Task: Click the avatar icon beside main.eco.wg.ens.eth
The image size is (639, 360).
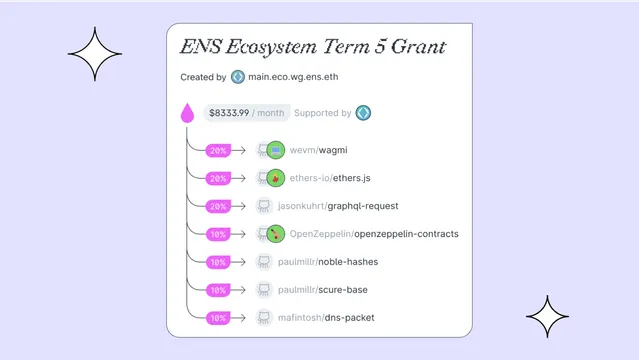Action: point(238,77)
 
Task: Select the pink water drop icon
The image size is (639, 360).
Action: point(187,113)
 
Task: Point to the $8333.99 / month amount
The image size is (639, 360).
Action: point(246,113)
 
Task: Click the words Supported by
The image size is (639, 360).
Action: point(323,113)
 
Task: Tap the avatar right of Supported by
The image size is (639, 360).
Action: point(364,113)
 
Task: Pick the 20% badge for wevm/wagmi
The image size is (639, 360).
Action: point(217,151)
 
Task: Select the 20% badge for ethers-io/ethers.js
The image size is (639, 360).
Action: point(217,179)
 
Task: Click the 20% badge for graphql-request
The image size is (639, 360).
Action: point(217,206)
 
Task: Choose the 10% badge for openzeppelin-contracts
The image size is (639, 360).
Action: point(217,234)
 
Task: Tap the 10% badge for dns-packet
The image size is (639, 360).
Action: point(217,318)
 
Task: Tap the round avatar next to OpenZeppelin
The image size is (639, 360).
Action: point(276,234)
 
